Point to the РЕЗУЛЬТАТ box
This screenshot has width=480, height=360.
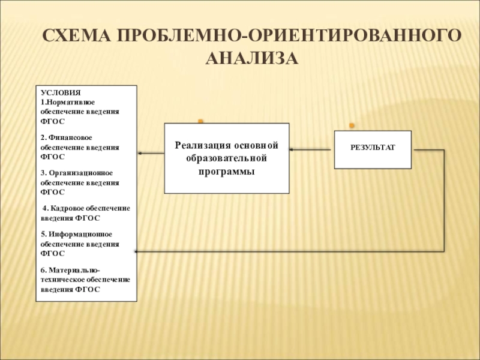click(373, 148)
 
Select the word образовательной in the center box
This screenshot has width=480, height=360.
click(227, 158)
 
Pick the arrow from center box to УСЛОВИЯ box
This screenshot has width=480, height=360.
click(151, 153)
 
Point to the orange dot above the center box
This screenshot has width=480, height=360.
click(201, 121)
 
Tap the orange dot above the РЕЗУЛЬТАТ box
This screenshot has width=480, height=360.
click(352, 125)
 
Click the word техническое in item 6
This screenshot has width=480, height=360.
click(64, 279)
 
